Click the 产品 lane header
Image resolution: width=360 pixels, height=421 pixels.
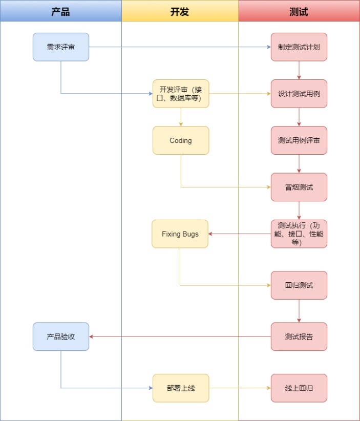(60, 11)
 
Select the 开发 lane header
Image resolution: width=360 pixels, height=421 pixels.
(180, 11)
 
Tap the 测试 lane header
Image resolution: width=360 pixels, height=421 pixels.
(299, 11)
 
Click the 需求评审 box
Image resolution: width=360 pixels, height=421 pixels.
(61, 47)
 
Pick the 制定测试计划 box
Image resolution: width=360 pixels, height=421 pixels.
(299, 47)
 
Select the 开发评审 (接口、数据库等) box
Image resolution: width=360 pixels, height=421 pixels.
(181, 94)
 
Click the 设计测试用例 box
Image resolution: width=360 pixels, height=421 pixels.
(299, 94)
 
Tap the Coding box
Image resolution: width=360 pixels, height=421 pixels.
(181, 140)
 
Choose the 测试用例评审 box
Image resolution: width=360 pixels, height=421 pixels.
(299, 140)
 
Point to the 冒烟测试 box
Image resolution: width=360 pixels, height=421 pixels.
(299, 187)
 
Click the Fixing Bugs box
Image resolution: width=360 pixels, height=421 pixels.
(180, 234)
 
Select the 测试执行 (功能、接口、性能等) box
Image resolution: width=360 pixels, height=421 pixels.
(299, 234)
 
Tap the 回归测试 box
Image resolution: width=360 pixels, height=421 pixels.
(299, 285)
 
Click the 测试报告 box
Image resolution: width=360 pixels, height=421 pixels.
(299, 336)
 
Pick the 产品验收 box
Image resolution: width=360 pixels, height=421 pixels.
(61, 336)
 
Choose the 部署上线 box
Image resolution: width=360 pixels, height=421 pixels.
(181, 388)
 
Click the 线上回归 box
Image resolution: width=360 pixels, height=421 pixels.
(299, 388)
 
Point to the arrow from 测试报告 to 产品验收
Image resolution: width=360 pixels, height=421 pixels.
(180, 336)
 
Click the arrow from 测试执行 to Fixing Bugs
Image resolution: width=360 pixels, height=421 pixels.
(240, 234)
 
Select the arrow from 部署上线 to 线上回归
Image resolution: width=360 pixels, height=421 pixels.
(240, 388)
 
